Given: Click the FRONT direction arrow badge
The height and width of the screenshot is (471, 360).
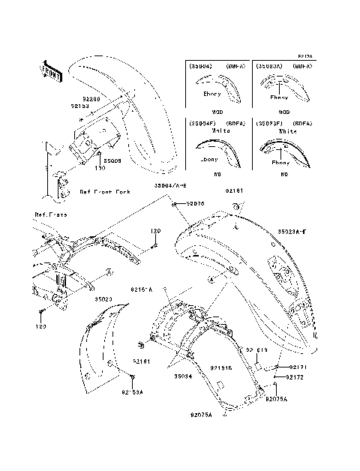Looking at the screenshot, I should [50, 70].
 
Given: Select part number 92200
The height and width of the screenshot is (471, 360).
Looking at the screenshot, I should [91, 98].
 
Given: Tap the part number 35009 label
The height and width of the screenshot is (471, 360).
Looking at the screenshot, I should [112, 160].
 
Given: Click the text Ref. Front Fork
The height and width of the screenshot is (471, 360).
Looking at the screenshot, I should [105, 192].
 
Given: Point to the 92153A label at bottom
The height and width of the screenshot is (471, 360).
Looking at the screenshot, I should [132, 391].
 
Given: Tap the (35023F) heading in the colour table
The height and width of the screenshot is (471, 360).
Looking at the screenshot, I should [268, 121].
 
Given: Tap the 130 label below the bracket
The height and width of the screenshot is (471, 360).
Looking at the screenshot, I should [100, 168].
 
